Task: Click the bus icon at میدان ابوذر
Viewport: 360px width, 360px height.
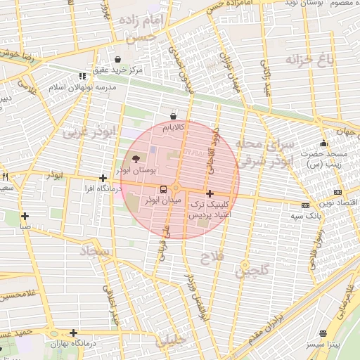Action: [x=163, y=188]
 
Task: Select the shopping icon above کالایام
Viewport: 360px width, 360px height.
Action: [x=173, y=116]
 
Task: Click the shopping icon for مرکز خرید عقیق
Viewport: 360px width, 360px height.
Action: [x=117, y=58]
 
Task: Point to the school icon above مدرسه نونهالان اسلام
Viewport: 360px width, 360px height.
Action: [x=82, y=76]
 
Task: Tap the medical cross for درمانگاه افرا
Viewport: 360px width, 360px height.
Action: [x=103, y=178]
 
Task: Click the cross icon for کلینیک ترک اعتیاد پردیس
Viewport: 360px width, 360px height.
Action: [x=210, y=193]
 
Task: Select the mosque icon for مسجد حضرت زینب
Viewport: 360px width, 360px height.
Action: [x=323, y=143]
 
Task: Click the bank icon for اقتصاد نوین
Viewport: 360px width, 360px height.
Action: [x=338, y=191]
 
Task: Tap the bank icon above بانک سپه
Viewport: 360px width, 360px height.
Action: [x=305, y=205]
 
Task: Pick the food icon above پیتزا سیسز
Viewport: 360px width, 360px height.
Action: [x=323, y=333]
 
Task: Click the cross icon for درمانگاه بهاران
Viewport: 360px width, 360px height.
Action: [x=73, y=333]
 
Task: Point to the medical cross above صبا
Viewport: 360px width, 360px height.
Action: [x=25, y=216]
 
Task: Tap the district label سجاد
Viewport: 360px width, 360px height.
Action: [x=98, y=250]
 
